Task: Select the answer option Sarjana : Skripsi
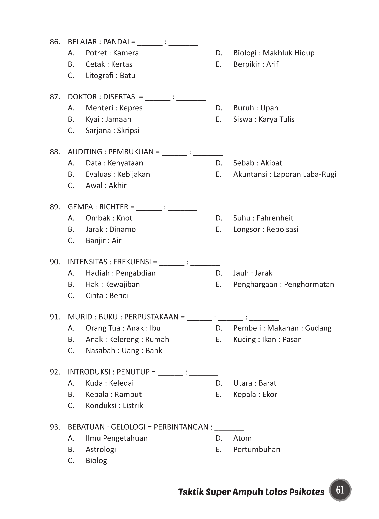coord(112,131)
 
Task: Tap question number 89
coord(55,207)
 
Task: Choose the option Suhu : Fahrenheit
coord(263,218)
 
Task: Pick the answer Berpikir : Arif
coord(256,64)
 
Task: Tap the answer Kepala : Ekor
coord(255,395)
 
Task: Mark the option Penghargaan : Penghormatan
coord(284,285)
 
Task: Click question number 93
coord(55,427)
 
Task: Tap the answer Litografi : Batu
coord(110,76)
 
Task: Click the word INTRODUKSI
coord(89,372)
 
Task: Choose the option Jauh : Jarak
coord(253,273)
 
